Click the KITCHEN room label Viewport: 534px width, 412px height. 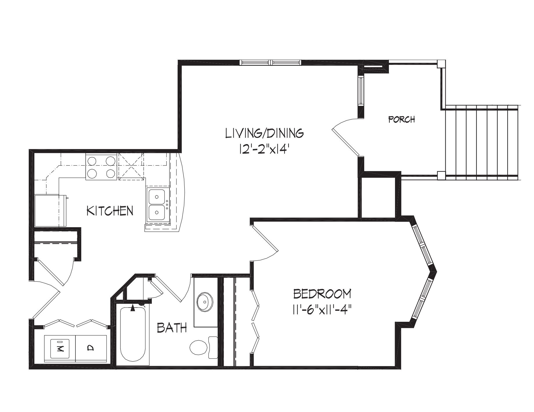coord(110,211)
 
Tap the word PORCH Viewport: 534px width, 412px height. coord(402,119)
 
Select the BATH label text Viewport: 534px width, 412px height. coord(172,328)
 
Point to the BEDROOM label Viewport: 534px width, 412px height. coord(322,294)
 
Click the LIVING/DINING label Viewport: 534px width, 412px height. coord(265,133)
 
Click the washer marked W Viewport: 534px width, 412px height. coord(60,348)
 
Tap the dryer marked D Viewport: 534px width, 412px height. coord(91,348)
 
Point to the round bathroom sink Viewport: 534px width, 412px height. coord(205,302)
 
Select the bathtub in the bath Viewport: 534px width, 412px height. coord(133,334)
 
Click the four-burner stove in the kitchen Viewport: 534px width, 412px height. coord(101,167)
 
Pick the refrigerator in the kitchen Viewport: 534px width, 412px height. coord(49,211)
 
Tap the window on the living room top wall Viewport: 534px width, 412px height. coord(270,62)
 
